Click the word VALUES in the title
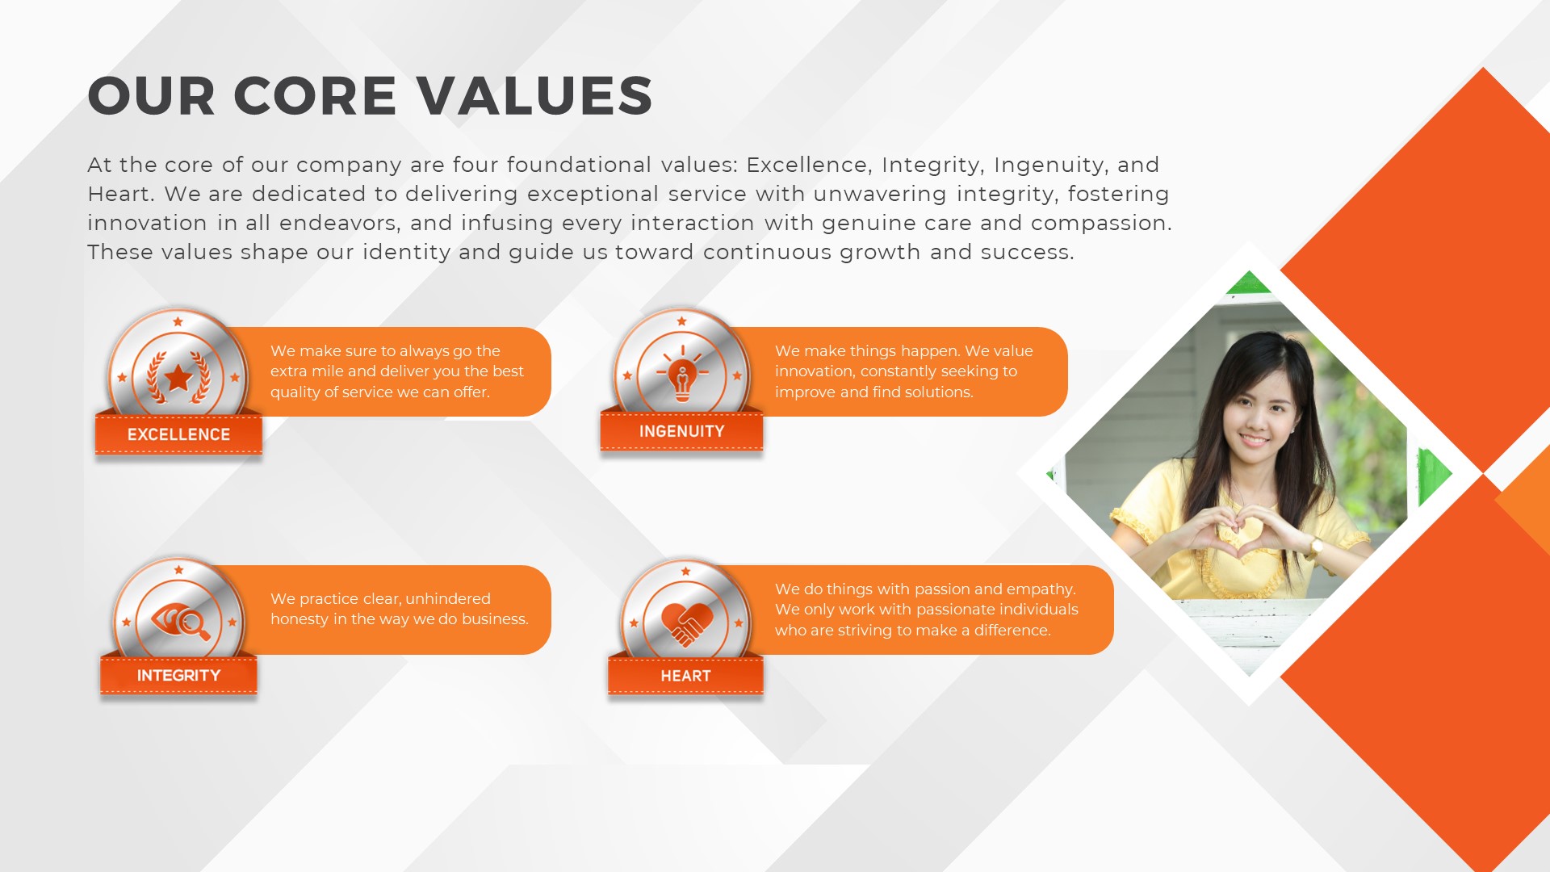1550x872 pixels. coord(534,96)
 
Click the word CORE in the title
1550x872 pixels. coord(315,96)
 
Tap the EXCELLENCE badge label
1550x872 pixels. coord(178,434)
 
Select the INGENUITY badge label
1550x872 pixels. coord(681,431)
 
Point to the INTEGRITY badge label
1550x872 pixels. coord(178,675)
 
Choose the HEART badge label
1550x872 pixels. coord(685,676)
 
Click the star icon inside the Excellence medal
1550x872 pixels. coord(178,377)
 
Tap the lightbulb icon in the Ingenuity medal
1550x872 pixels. coord(682,375)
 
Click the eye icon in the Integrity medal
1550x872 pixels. coord(181,621)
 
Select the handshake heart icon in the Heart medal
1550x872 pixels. coord(687,624)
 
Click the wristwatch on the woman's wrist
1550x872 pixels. coord(1316,547)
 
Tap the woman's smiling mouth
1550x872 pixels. coord(1254,440)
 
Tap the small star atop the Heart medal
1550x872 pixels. coord(685,572)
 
